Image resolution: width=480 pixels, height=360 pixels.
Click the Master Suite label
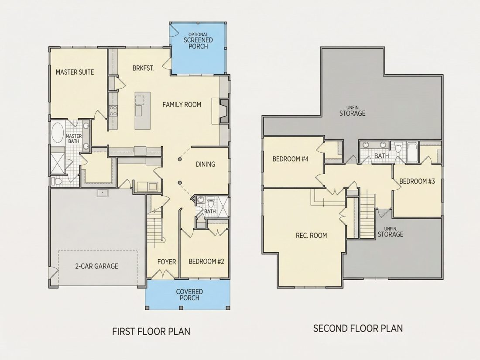pos(75,72)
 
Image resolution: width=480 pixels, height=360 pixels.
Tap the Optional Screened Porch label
pos(198,41)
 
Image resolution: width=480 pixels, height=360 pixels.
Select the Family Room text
pos(182,105)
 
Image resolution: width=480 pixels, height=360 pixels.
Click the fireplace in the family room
pos(224,111)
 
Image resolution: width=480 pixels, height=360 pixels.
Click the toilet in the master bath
pos(57,181)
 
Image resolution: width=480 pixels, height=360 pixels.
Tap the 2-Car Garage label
pos(97,266)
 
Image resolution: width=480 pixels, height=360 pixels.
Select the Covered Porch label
pos(189,295)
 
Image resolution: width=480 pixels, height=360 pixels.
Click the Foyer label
pos(167,262)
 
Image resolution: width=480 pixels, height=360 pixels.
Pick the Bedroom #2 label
pos(206,261)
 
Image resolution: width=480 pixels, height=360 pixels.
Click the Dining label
pos(206,165)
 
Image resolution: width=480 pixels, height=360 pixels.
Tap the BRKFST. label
pos(143,68)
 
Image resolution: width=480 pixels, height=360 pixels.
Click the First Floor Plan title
pos(151,331)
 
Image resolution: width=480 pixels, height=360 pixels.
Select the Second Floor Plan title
pos(358,329)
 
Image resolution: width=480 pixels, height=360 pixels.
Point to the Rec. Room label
pos(311,235)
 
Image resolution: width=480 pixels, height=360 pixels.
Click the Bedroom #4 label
pos(291,159)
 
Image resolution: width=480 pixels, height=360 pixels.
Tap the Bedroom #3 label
pos(417,181)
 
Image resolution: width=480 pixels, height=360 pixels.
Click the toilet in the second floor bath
pos(398,147)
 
